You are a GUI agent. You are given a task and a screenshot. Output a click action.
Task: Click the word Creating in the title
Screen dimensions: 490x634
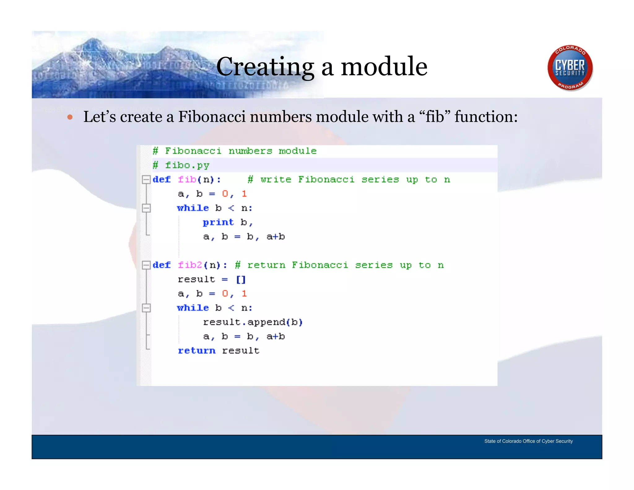[x=265, y=67]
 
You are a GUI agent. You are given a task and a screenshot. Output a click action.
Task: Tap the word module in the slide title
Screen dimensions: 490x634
[x=384, y=67]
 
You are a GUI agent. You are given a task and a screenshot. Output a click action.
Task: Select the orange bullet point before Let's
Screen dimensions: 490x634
[x=70, y=117]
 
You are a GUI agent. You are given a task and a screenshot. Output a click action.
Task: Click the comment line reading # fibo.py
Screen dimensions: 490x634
[x=181, y=165]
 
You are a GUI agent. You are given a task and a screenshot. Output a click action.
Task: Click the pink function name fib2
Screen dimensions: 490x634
[x=190, y=265]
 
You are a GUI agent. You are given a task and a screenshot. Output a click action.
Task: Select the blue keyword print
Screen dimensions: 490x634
[x=218, y=222]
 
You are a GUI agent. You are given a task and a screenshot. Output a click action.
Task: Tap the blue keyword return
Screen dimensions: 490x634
[x=197, y=351]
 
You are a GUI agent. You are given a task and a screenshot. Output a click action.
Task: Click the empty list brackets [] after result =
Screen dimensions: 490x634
[x=241, y=280]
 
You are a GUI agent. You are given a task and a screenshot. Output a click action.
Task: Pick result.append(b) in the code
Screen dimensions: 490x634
[x=253, y=322]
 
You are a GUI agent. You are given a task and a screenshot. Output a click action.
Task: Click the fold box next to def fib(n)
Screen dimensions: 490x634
[x=146, y=180]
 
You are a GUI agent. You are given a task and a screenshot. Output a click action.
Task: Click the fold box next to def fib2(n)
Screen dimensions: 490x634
[x=146, y=265]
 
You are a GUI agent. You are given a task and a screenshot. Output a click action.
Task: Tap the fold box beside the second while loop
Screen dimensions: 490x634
[x=146, y=308]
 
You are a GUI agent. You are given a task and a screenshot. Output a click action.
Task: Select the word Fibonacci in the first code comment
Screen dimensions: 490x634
[x=193, y=151]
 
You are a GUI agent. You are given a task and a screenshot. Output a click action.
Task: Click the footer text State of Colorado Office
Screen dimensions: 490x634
[x=528, y=441]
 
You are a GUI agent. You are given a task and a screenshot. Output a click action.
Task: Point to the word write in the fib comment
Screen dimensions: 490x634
[x=276, y=180]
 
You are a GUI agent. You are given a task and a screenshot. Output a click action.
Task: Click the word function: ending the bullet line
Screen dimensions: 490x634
[x=486, y=117]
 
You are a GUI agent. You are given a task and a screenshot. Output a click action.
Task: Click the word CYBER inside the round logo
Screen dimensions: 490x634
[x=570, y=65]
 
